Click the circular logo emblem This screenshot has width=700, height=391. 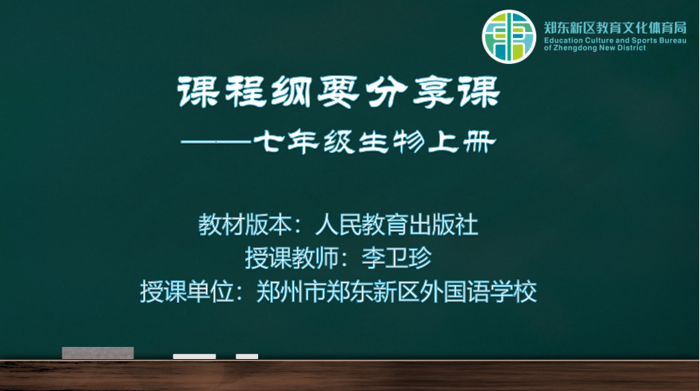pos(509,36)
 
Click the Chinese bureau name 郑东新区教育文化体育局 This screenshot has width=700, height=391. pos(615,28)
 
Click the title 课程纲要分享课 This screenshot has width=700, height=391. pos(340,92)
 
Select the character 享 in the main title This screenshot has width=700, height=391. pos(431,92)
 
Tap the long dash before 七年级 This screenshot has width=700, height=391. pos(216,142)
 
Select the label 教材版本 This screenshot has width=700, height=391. pos(244,224)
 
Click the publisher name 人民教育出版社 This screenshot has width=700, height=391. pos(397,224)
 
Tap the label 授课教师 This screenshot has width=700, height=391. pos(291,258)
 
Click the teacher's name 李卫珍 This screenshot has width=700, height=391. pos(397,258)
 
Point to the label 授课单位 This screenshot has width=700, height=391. pos(186,292)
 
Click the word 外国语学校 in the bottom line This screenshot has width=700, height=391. pos(477,292)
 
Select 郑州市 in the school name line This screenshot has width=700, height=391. pos(291,292)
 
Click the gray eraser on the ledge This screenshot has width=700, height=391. pos(98,353)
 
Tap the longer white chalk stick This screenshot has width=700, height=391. pos(194,356)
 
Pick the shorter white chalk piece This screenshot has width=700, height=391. pos(247,356)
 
